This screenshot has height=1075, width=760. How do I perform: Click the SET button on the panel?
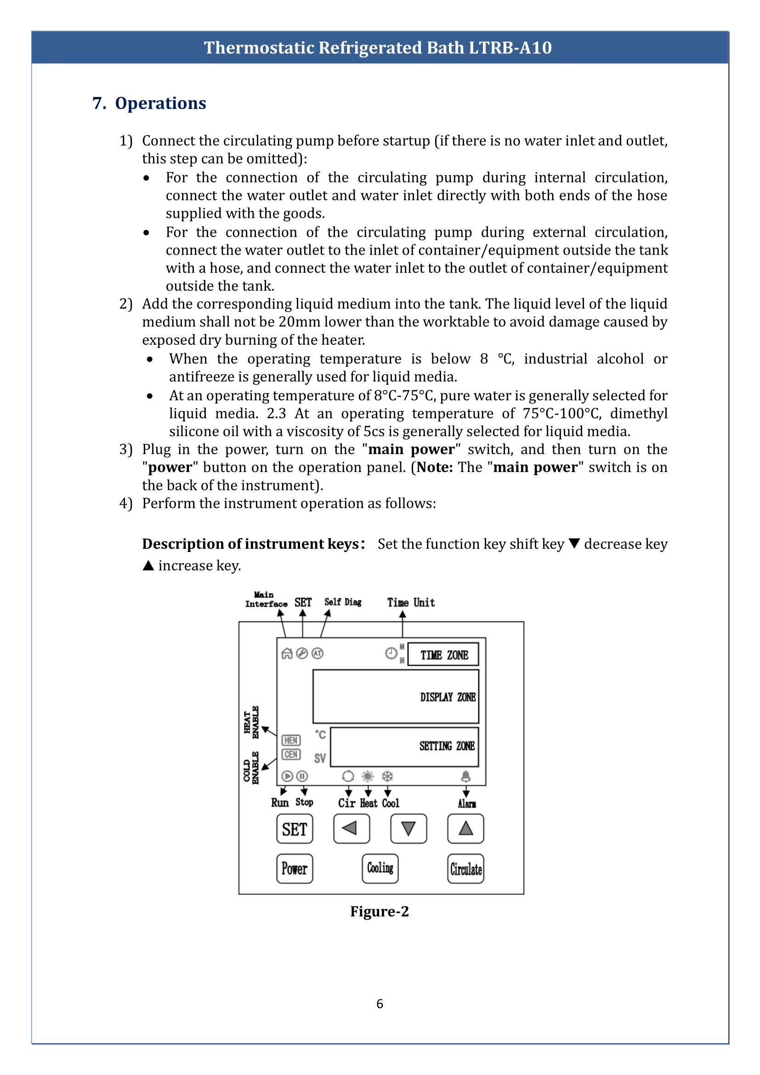click(295, 829)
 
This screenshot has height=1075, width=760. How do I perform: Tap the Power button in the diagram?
click(295, 869)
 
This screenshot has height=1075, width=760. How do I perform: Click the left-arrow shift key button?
click(352, 828)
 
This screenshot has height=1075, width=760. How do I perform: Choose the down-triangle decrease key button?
click(408, 828)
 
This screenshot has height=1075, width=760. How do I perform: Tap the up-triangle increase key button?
click(465, 828)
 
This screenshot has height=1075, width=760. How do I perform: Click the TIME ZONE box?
click(443, 654)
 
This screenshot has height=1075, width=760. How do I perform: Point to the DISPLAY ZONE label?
click(448, 697)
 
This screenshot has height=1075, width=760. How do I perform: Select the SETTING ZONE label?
click(447, 746)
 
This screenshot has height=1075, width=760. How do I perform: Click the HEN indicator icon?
click(291, 740)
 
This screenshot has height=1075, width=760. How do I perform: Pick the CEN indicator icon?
click(291, 754)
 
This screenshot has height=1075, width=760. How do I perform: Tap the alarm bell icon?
click(465, 776)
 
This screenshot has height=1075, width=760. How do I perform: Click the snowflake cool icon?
click(387, 776)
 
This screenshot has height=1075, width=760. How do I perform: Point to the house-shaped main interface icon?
click(287, 654)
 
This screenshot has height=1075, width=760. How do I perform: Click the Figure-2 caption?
click(380, 911)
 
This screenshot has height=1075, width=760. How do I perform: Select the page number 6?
click(380, 1004)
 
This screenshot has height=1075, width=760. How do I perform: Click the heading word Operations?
click(160, 103)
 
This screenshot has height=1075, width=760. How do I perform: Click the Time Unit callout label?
click(411, 603)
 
